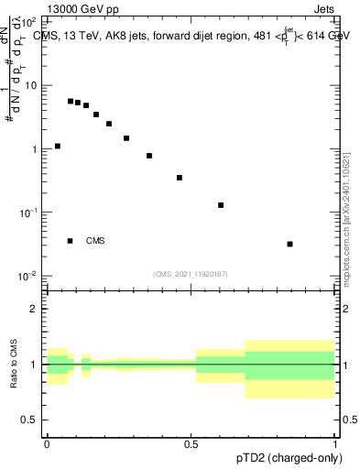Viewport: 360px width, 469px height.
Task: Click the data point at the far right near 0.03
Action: (x=289, y=244)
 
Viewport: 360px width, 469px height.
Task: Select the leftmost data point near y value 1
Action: (x=58, y=146)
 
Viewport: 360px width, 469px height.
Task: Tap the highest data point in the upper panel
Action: (x=71, y=102)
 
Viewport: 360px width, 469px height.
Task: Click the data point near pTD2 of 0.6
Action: (x=221, y=205)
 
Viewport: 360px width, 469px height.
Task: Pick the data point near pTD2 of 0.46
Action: (x=180, y=178)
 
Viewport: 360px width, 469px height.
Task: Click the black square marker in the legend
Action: (x=71, y=241)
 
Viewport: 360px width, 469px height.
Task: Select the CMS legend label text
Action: (x=95, y=241)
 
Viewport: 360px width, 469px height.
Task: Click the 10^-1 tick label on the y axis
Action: (x=30, y=213)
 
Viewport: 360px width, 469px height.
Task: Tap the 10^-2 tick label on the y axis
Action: (x=30, y=276)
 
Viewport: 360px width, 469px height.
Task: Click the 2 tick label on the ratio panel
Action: (x=34, y=309)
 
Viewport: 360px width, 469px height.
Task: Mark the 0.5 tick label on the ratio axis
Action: (x=30, y=420)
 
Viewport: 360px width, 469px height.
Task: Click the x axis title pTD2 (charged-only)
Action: (x=289, y=458)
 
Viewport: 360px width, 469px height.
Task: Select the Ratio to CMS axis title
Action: (x=14, y=364)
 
